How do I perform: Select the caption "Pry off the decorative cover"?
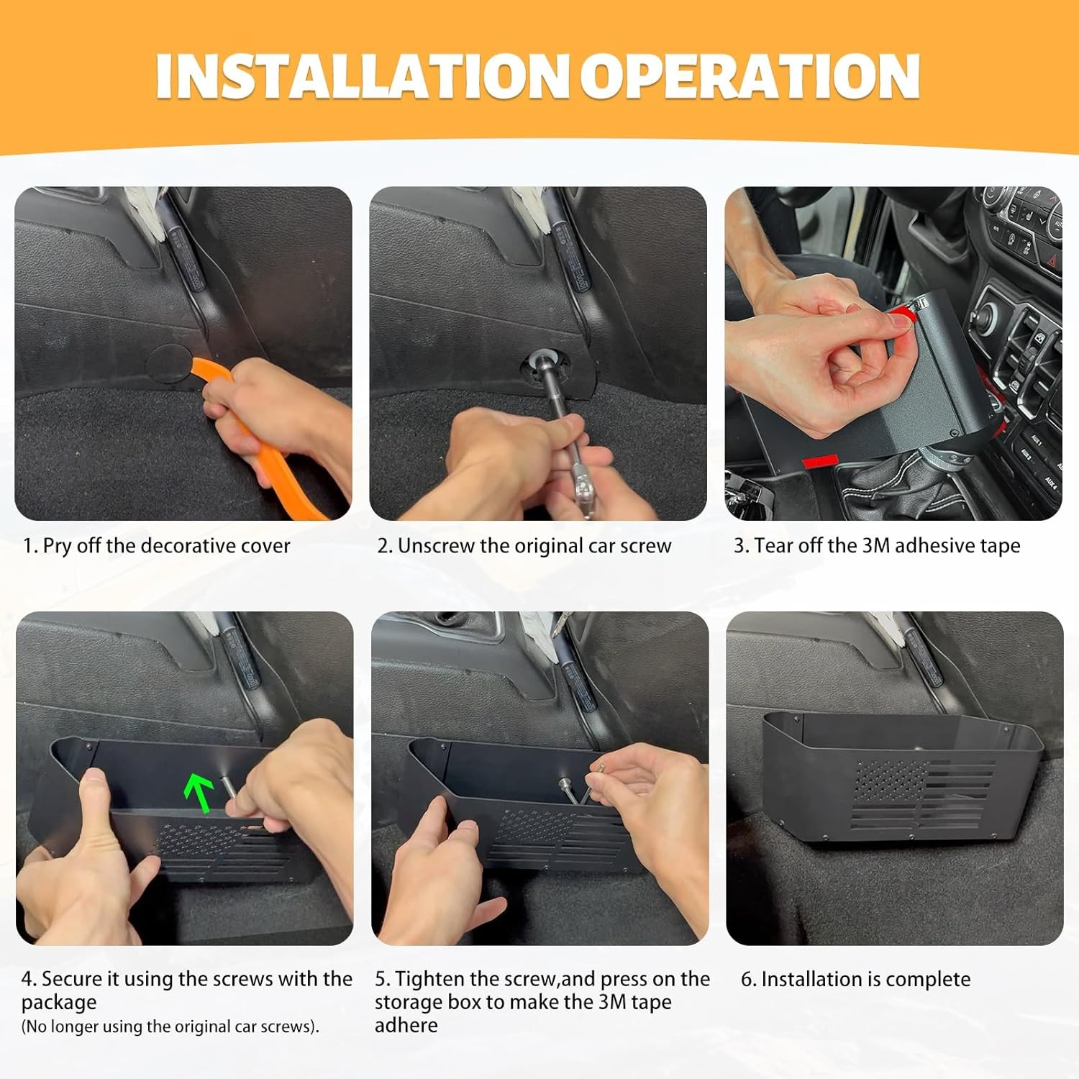[x=166, y=546]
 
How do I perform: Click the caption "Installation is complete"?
[x=865, y=979]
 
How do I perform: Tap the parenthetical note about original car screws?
[x=170, y=1026]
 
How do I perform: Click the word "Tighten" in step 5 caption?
[x=429, y=979]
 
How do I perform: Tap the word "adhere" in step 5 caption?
[x=406, y=1025]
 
